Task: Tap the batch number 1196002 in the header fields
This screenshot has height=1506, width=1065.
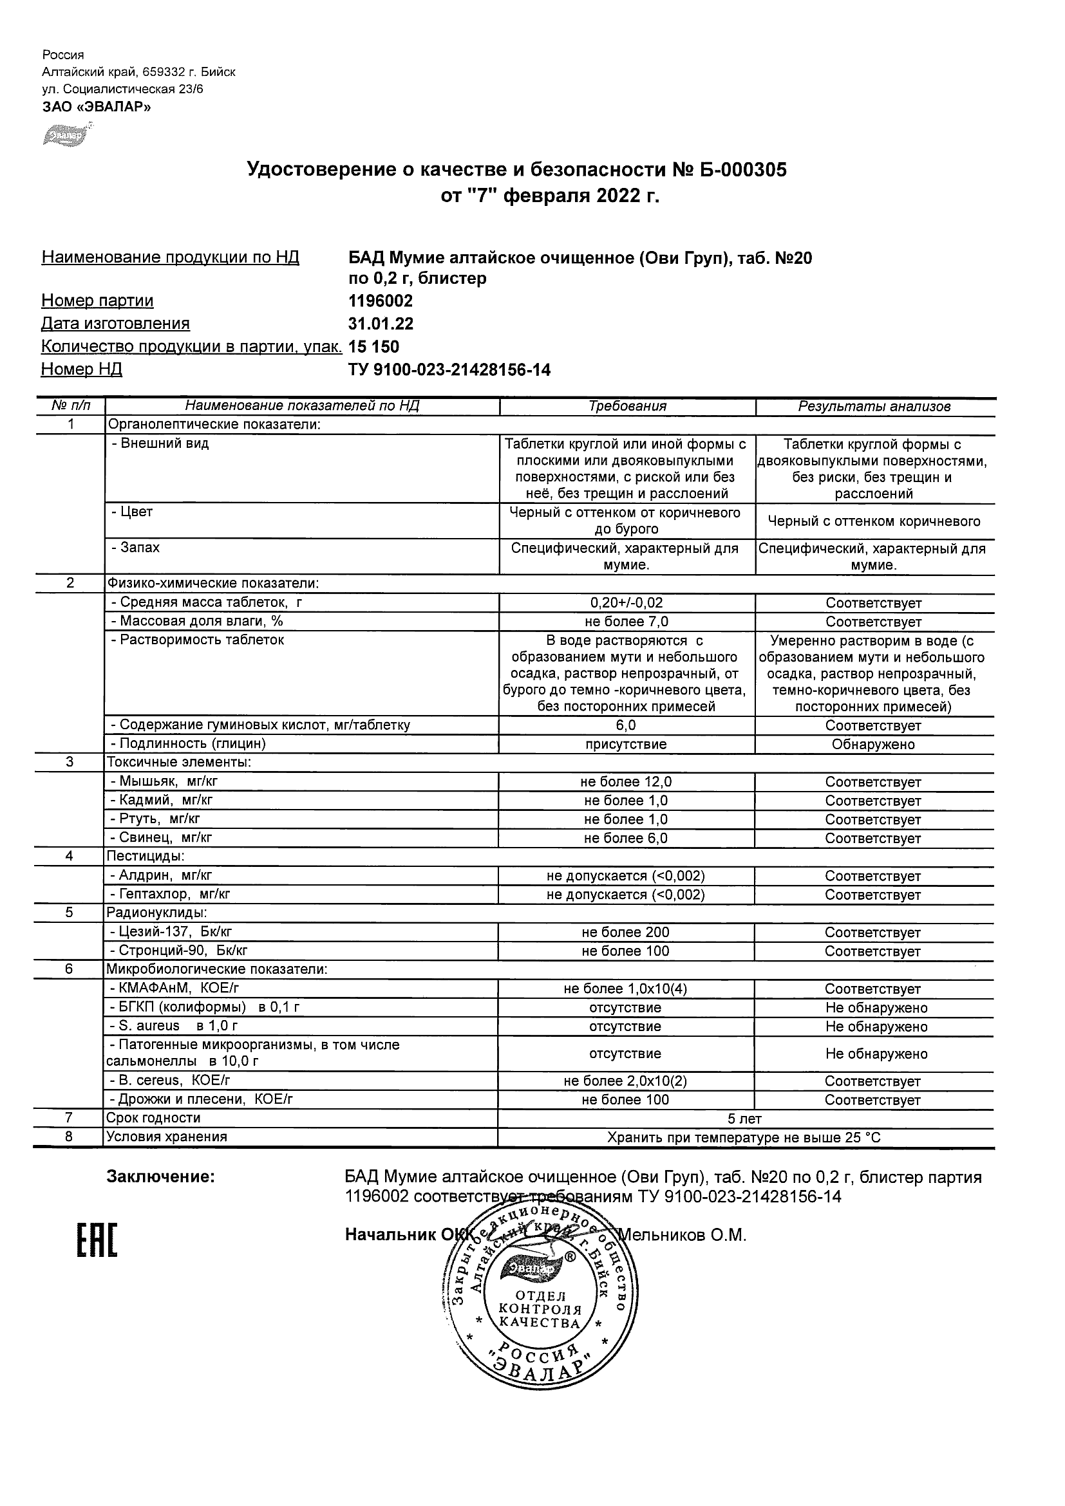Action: pyautogui.click(x=381, y=301)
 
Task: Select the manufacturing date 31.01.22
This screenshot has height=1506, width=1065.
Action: pyautogui.click(x=381, y=324)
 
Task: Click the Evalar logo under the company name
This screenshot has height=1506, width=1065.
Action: pyautogui.click(x=66, y=135)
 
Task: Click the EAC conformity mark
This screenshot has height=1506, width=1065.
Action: pyautogui.click(x=97, y=1241)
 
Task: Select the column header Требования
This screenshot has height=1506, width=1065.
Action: pyautogui.click(x=627, y=406)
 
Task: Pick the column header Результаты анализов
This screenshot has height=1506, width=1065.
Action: pyautogui.click(x=874, y=407)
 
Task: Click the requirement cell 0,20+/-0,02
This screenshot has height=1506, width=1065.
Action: pyautogui.click(x=627, y=603)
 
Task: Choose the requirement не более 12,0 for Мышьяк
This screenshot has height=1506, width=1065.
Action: pyautogui.click(x=626, y=782)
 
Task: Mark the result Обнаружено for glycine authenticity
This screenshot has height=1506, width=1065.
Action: pyautogui.click(x=873, y=745)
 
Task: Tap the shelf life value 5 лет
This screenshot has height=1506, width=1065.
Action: pyautogui.click(x=745, y=1119)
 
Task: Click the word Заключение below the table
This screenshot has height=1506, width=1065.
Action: pyautogui.click(x=161, y=1176)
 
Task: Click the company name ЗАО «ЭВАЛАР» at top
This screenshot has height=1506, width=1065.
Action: pyautogui.click(x=97, y=107)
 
